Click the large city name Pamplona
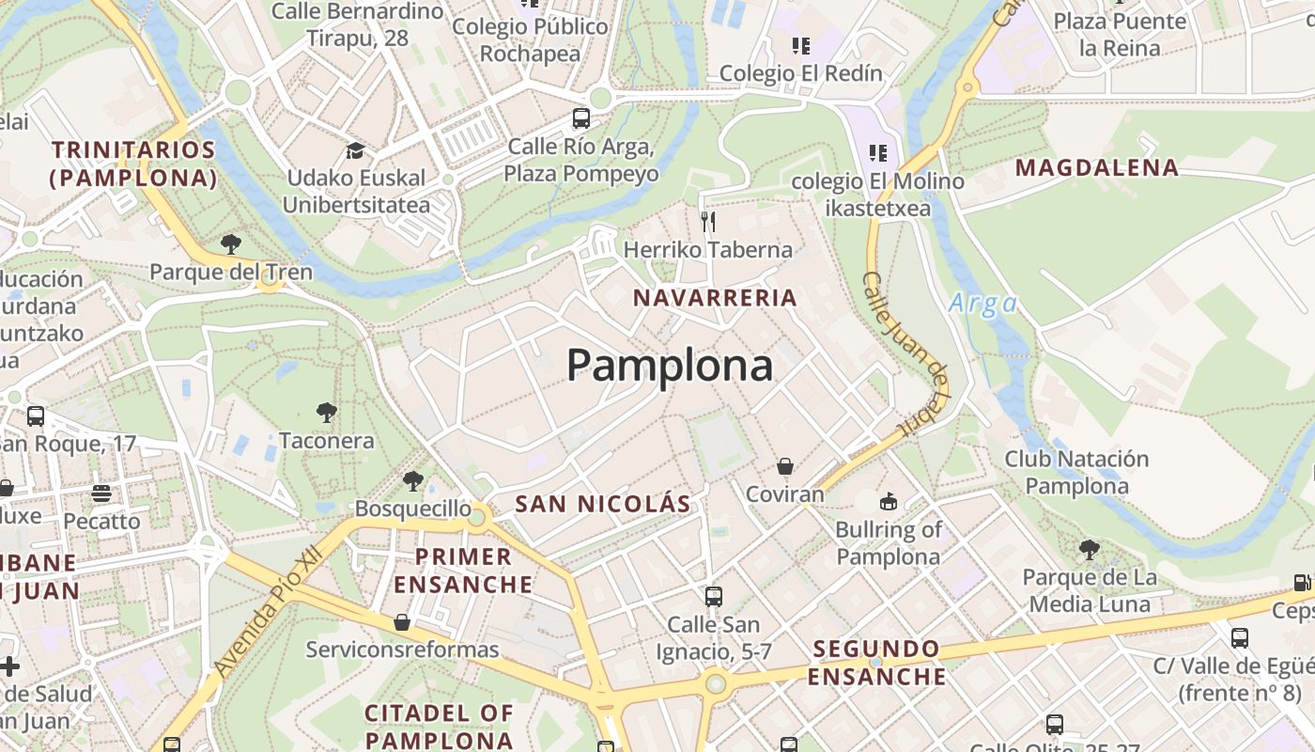click(670, 365)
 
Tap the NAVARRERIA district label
click(715, 298)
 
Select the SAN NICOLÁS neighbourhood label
click(603, 504)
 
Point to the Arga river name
click(983, 304)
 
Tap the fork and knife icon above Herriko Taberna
click(708, 222)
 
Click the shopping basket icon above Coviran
click(785, 467)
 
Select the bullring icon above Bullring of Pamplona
click(889, 501)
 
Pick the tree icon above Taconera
click(327, 412)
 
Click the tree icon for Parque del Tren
click(231, 244)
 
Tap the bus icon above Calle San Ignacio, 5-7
click(714, 596)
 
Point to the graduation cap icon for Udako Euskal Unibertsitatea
click(355, 150)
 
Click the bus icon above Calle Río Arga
click(581, 118)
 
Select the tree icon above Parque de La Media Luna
click(1090, 549)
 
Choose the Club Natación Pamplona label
click(1076, 473)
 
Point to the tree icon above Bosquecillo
click(412, 481)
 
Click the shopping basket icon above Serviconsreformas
click(402, 622)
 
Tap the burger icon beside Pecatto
click(101, 493)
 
